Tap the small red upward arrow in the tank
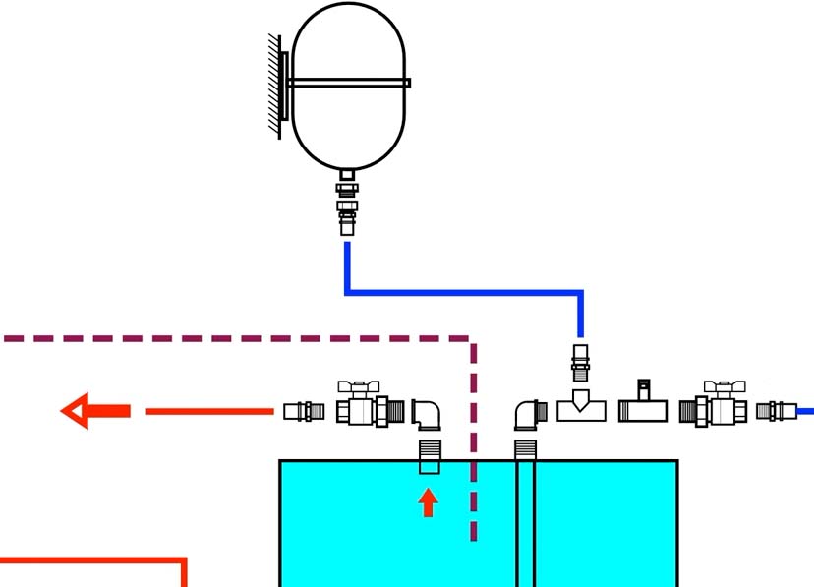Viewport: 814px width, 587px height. [x=428, y=503]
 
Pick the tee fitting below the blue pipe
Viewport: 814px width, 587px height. [x=581, y=406]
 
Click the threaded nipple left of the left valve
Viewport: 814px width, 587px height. [x=304, y=411]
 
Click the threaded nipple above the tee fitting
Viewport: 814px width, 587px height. [x=581, y=362]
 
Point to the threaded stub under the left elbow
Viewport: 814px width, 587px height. [x=430, y=457]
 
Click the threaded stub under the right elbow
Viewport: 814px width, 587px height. [x=525, y=451]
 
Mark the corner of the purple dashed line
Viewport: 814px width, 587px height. [x=473, y=340]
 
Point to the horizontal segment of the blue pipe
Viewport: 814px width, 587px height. [x=462, y=292]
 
